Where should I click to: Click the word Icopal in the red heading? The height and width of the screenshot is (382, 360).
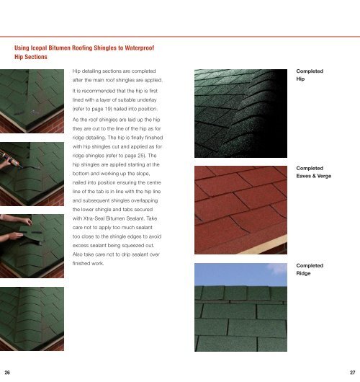(39, 48)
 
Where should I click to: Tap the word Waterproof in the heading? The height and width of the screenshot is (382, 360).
(140, 48)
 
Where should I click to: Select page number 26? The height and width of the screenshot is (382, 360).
(7, 372)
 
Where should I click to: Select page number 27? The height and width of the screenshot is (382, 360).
(353, 372)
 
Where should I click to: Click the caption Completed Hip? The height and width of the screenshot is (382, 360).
(310, 75)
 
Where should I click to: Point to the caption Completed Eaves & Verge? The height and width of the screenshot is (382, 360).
(314, 172)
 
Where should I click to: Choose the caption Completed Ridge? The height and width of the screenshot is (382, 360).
(310, 270)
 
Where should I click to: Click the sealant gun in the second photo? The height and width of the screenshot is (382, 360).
(10, 159)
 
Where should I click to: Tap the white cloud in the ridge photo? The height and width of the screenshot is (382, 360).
(277, 268)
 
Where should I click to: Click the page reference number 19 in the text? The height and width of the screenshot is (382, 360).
(108, 109)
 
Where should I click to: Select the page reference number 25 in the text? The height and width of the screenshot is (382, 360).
(141, 156)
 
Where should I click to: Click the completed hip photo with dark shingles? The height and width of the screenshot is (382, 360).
(240, 113)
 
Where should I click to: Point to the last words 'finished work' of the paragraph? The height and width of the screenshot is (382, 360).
(88, 263)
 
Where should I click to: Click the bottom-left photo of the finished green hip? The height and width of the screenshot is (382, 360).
(32, 319)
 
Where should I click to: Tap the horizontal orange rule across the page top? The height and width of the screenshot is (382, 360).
(180, 37)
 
